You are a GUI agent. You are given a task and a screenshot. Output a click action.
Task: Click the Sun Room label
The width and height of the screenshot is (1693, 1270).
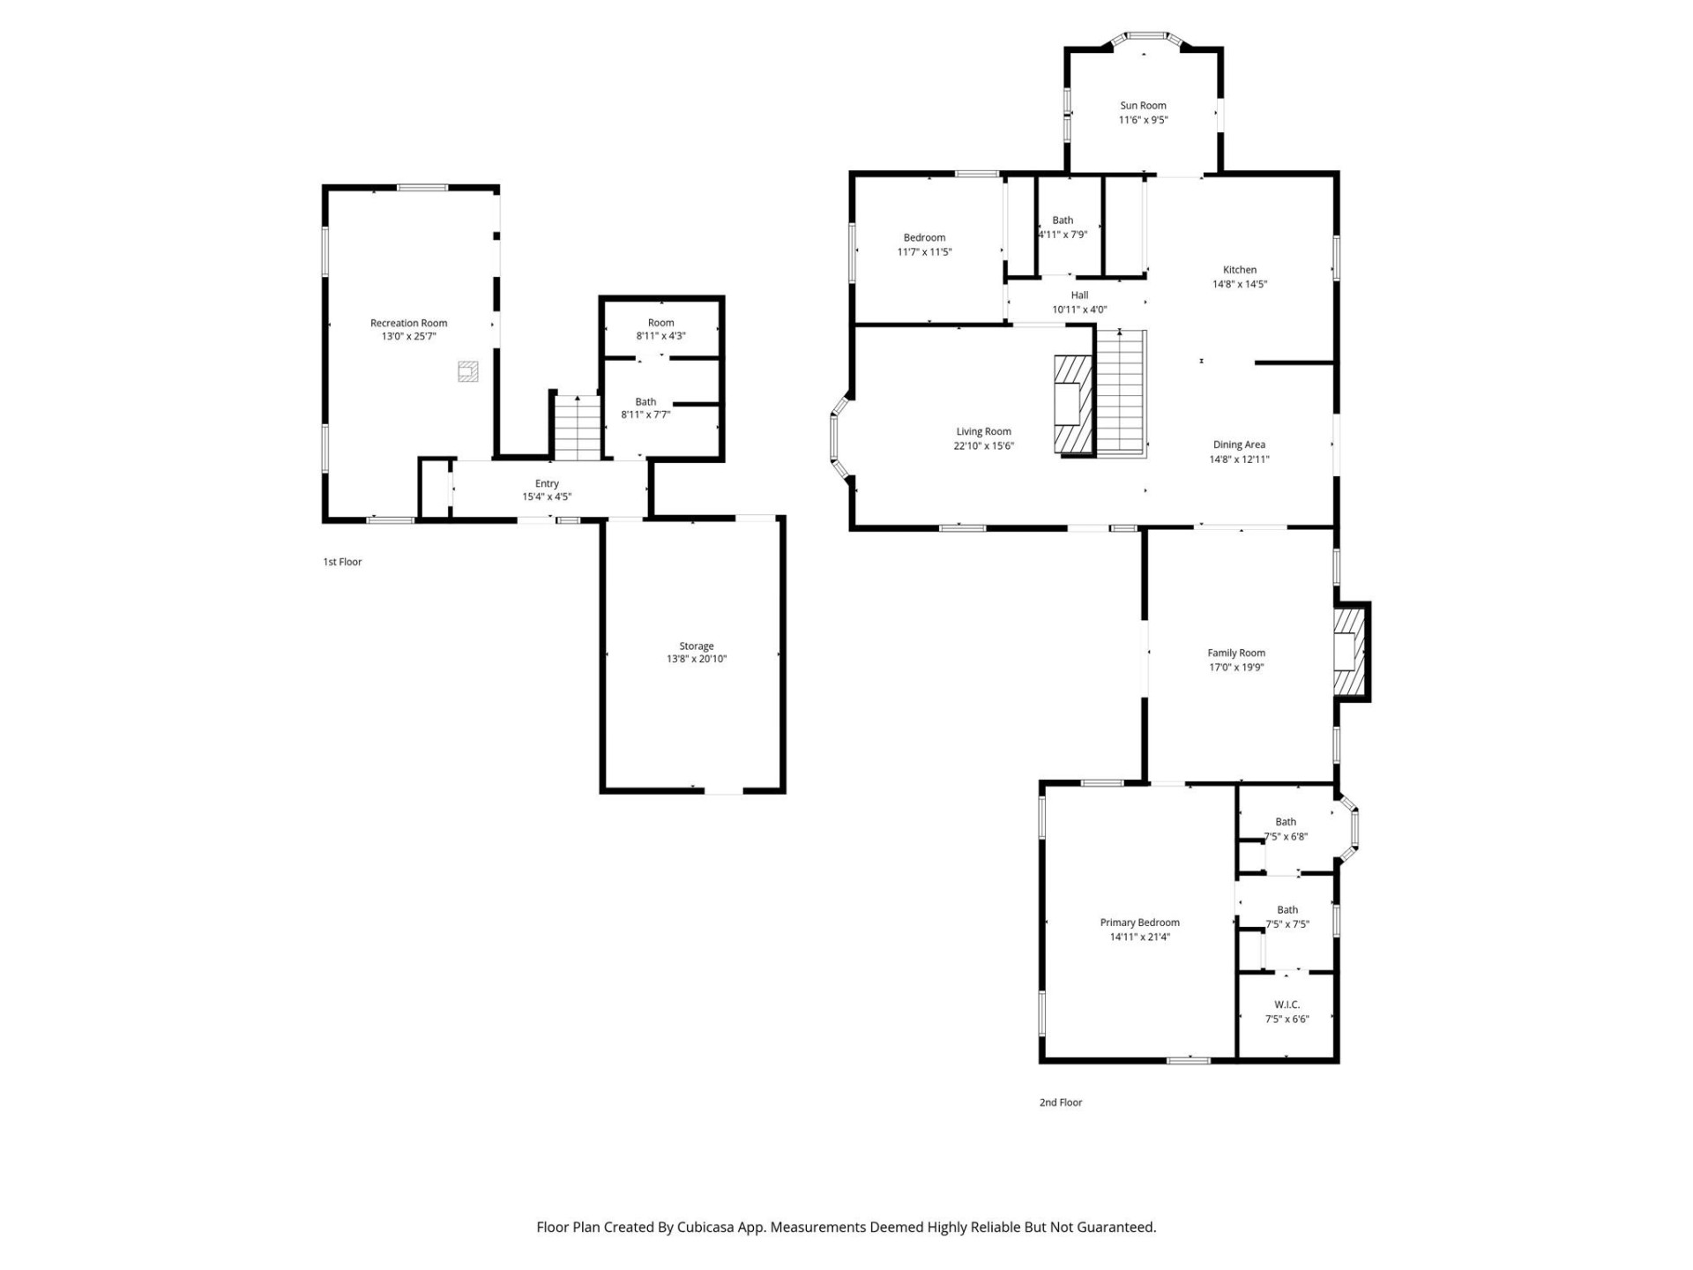point(1143,105)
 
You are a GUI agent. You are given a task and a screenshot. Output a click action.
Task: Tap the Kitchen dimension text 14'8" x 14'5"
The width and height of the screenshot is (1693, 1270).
point(1239,284)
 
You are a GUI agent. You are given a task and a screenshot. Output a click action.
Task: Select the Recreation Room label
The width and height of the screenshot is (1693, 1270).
point(408,323)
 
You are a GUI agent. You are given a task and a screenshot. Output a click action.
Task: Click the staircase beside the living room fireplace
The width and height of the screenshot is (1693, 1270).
point(1121,392)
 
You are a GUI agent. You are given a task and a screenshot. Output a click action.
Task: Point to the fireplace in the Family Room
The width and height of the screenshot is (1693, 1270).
point(1348,652)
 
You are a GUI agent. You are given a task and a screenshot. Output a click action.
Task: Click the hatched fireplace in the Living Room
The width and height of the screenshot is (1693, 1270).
point(1073,405)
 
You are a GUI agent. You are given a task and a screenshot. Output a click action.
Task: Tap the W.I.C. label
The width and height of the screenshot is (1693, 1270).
point(1287,1005)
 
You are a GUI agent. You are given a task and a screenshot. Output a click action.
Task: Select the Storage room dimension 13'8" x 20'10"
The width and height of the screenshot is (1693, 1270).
point(696,659)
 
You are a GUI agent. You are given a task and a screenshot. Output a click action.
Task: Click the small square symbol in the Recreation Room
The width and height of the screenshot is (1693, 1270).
point(468,371)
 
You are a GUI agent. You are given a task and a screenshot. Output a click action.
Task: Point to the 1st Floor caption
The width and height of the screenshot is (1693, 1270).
point(342,562)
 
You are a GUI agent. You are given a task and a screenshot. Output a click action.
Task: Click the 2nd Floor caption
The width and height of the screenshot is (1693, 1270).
point(1060,1102)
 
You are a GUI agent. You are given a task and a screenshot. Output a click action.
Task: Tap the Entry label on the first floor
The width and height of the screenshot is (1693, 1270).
point(547,483)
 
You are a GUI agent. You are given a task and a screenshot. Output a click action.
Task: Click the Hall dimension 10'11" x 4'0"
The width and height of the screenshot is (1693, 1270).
point(1079,310)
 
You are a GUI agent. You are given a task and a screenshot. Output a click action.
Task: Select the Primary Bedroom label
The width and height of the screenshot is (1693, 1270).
point(1139,923)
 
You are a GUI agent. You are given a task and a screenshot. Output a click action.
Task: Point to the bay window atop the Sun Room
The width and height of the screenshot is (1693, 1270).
point(1145,37)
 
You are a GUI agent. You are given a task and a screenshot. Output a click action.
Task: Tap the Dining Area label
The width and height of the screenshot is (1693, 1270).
point(1239,444)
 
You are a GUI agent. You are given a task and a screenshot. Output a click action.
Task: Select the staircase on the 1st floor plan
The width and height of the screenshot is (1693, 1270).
point(577,428)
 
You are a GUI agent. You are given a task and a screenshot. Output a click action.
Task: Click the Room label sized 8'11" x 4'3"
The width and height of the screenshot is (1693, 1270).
point(660,323)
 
